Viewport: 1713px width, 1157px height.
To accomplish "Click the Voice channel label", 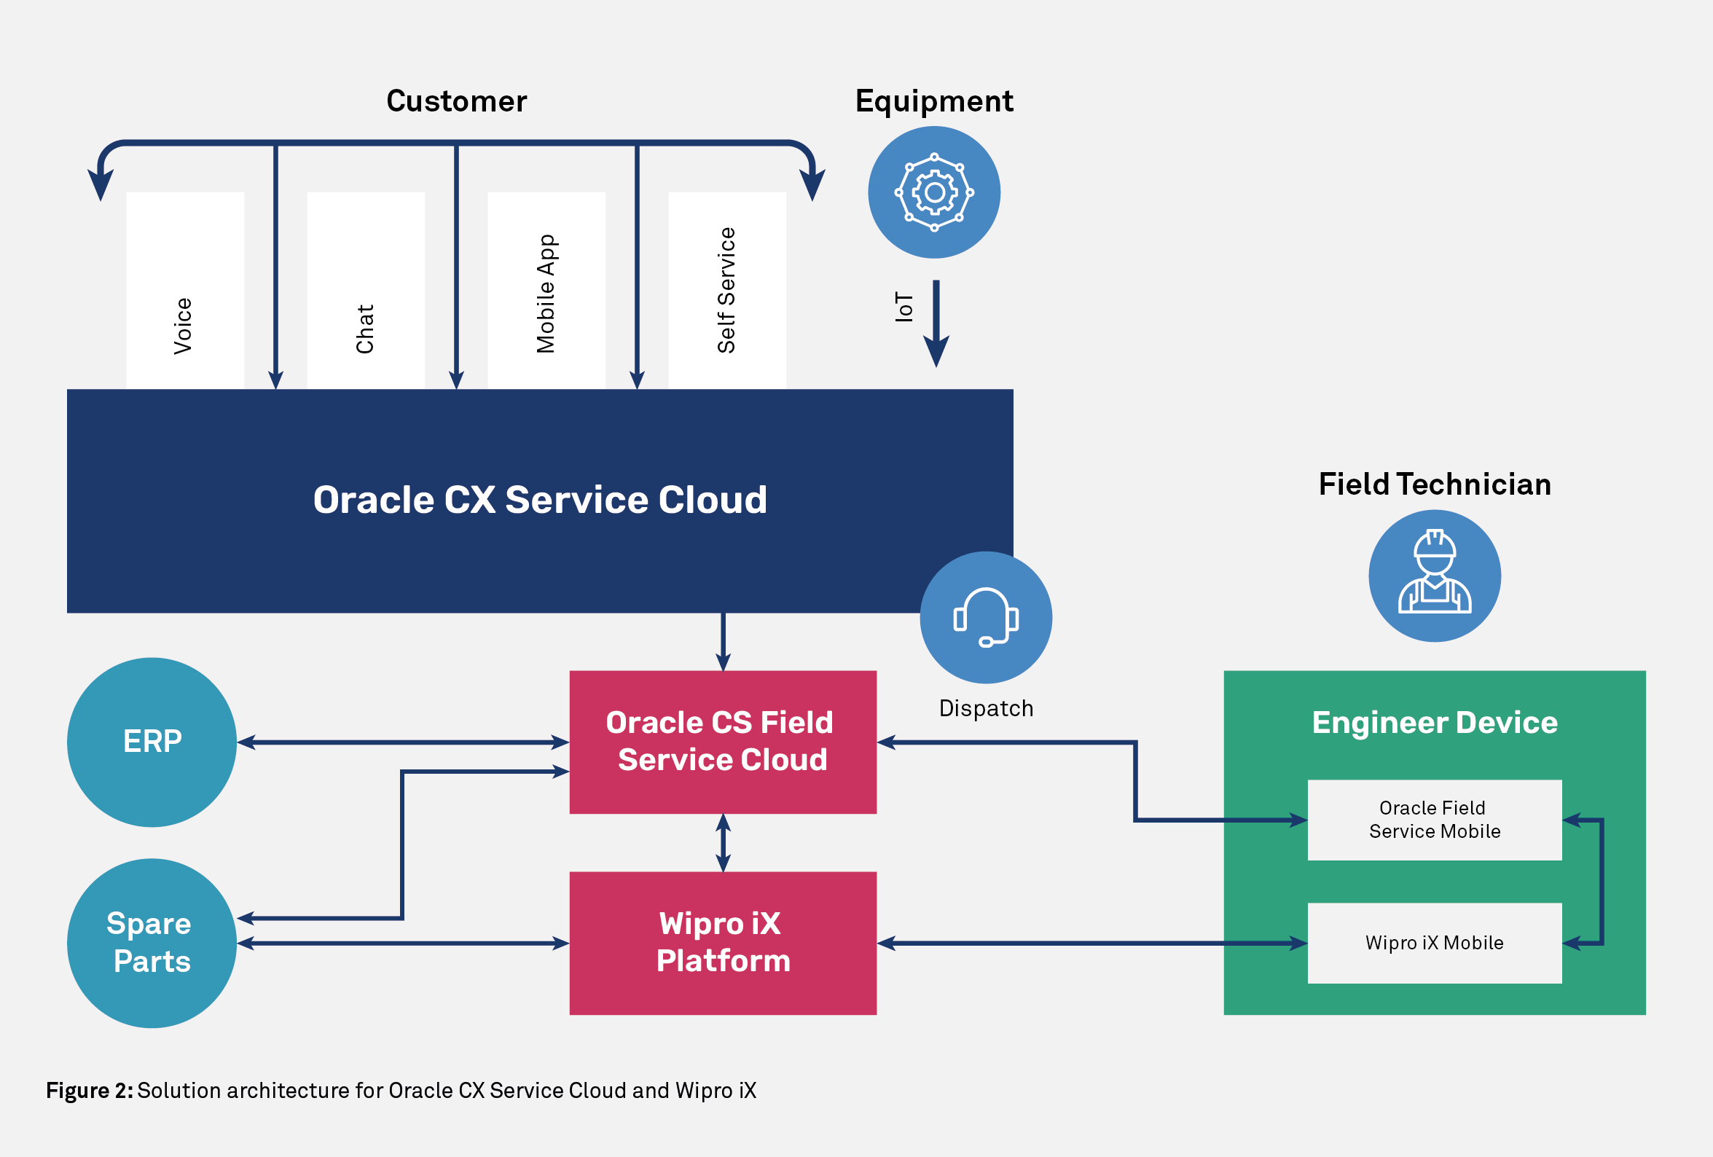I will [x=183, y=326].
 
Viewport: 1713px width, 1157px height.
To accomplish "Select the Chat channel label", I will [x=365, y=329].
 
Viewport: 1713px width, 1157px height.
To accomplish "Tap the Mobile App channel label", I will [x=546, y=294].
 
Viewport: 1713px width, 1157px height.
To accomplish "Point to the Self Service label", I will [x=726, y=291].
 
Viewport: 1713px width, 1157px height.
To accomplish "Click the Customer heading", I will [x=456, y=101].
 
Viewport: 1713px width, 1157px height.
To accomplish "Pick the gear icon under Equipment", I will [x=934, y=192].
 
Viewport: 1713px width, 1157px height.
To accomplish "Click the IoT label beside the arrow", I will [x=904, y=307].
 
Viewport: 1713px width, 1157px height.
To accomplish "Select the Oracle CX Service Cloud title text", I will [x=540, y=500].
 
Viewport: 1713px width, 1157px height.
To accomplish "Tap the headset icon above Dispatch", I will [x=986, y=618].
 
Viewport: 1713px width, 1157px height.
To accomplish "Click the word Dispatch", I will [x=986, y=708].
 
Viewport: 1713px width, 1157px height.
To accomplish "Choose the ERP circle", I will [x=152, y=742].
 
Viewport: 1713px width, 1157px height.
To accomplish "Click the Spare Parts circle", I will [x=152, y=943].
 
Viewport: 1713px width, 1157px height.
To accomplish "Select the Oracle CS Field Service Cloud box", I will [x=722, y=742].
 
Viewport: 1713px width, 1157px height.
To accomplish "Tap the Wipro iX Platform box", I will [x=722, y=943].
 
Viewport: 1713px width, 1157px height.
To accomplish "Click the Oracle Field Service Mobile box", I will [x=1434, y=820].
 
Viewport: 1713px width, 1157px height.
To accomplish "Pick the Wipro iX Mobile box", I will [x=1434, y=943].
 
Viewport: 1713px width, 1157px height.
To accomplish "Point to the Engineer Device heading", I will [x=1435, y=722].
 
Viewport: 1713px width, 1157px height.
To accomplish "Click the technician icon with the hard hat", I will [x=1435, y=576].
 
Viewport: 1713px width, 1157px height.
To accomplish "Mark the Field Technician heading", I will [x=1435, y=485].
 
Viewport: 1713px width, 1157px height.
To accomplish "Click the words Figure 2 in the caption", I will [x=89, y=1091].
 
